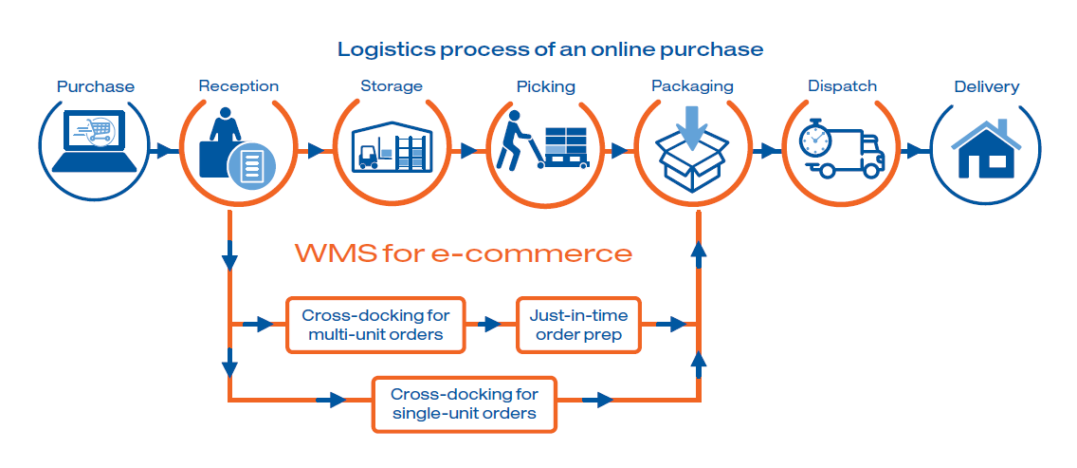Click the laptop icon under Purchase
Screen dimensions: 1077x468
pyautogui.click(x=94, y=141)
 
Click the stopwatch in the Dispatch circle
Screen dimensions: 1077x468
pyautogui.click(x=815, y=139)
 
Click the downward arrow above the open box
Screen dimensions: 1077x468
pyautogui.click(x=691, y=127)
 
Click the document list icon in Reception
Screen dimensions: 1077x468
pyautogui.click(x=253, y=165)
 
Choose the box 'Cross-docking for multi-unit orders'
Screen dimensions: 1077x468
pyautogui.click(x=375, y=325)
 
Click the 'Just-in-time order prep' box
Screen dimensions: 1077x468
pyautogui.click(x=578, y=325)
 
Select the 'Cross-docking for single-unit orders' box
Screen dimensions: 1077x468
pyautogui.click(x=464, y=404)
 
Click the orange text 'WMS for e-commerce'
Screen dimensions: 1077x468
pyautogui.click(x=464, y=253)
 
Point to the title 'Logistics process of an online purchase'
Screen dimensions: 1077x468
pyautogui.click(x=550, y=49)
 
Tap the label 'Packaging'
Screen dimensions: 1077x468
pyautogui.click(x=692, y=86)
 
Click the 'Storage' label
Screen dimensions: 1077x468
pyautogui.click(x=392, y=86)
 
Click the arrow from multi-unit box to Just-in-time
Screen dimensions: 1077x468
pyautogui.click(x=491, y=324)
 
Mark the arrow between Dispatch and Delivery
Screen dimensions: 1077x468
pyautogui.click(x=912, y=151)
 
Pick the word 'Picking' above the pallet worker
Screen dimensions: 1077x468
pyautogui.click(x=546, y=86)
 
